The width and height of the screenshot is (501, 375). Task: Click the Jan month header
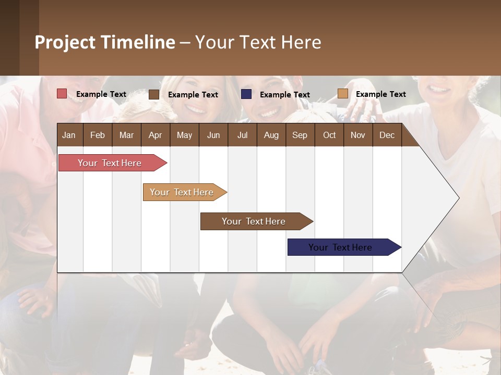[69, 135]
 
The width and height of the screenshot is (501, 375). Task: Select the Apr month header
[155, 135]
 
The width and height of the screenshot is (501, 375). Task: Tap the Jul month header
[242, 135]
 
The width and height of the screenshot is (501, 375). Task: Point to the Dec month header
[387, 135]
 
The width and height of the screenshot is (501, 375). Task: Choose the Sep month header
[300, 135]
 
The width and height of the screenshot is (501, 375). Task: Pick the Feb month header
[98, 135]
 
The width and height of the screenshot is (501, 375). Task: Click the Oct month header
[329, 135]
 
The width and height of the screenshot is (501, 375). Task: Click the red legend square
[62, 94]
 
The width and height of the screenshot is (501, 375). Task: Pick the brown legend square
[154, 94]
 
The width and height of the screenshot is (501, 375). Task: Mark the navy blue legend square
[246, 94]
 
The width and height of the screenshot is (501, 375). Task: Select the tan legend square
[342, 94]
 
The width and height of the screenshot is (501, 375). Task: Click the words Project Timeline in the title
[104, 42]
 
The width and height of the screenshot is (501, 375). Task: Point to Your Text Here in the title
[258, 42]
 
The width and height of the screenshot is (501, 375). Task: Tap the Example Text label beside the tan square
[380, 94]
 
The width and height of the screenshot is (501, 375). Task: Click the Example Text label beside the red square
[101, 94]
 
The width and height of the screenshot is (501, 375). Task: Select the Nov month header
[357, 135]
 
